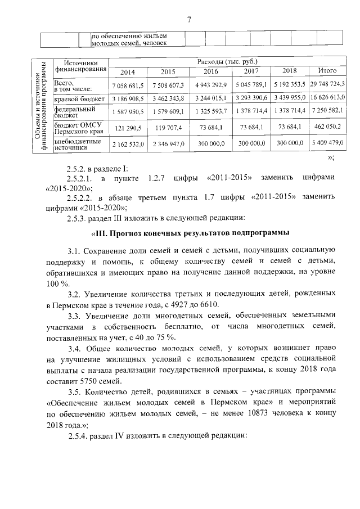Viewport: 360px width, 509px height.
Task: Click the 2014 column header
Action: pyautogui.click(x=128, y=71)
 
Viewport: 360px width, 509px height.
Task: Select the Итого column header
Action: pyautogui.click(x=327, y=71)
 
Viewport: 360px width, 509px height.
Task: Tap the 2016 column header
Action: pyautogui.click(x=211, y=71)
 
